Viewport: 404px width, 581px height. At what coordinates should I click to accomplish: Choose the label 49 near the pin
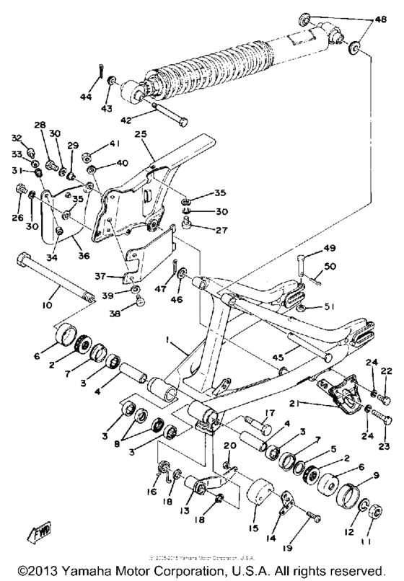tap(330, 249)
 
